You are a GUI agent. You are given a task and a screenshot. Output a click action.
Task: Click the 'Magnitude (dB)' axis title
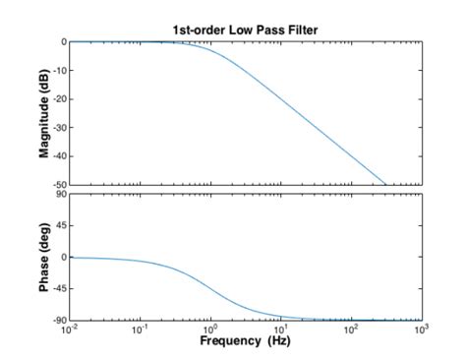[44, 112]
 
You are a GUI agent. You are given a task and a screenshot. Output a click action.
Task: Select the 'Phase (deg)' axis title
[44, 257]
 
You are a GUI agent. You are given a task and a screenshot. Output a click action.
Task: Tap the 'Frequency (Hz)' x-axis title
[245, 340]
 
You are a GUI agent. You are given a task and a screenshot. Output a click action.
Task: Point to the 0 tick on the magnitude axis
[62, 42]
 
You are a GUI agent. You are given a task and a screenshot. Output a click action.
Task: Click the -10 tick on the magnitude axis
[58, 71]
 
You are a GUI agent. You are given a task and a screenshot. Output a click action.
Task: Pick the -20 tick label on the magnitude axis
[58, 99]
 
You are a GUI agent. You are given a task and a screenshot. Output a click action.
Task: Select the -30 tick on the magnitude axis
[58, 128]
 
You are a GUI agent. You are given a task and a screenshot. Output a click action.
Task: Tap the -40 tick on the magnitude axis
[58, 156]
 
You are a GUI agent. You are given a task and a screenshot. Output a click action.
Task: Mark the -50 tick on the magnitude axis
[58, 185]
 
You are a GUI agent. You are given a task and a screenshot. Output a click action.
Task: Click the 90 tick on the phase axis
[60, 195]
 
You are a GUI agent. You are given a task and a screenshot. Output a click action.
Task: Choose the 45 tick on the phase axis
[60, 225]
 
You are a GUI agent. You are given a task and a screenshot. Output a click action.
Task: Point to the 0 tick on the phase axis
[62, 257]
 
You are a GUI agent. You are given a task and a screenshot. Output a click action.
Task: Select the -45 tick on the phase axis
[58, 288]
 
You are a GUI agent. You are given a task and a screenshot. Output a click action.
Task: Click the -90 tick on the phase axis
[58, 320]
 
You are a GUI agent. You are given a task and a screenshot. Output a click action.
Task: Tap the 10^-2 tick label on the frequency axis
[68, 330]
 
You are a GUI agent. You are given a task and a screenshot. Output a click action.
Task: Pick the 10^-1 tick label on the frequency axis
[139, 330]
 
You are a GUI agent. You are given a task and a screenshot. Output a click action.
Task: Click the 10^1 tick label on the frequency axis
[281, 330]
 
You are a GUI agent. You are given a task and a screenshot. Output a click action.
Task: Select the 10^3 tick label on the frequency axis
[421, 330]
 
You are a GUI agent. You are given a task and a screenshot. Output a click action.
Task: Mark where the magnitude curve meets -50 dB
[385, 184]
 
